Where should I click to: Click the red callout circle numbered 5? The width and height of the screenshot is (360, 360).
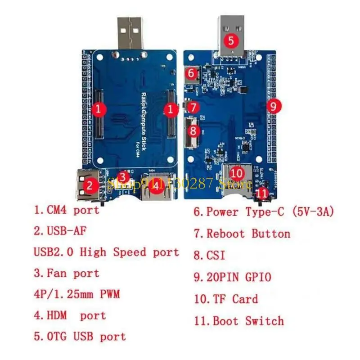pos(231,41)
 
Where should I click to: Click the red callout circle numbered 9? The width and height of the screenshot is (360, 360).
pos(274,106)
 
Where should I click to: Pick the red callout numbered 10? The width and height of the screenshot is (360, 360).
pos(237,173)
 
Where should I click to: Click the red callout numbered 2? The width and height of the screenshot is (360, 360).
pos(90,184)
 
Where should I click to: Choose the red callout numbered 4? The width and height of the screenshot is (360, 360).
pos(155,185)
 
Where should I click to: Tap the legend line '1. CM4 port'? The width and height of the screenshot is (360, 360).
pos(67,210)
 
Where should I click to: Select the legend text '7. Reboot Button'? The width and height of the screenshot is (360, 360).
pos(242,234)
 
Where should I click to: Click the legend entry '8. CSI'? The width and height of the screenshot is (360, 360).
pos(210,256)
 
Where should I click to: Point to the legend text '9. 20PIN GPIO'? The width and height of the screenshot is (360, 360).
pos(233,277)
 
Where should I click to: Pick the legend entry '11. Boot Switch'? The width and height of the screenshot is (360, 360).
pos(239,321)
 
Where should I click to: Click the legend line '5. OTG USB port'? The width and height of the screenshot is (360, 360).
pos(80,336)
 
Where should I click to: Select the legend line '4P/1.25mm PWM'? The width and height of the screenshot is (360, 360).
pos(77,295)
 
